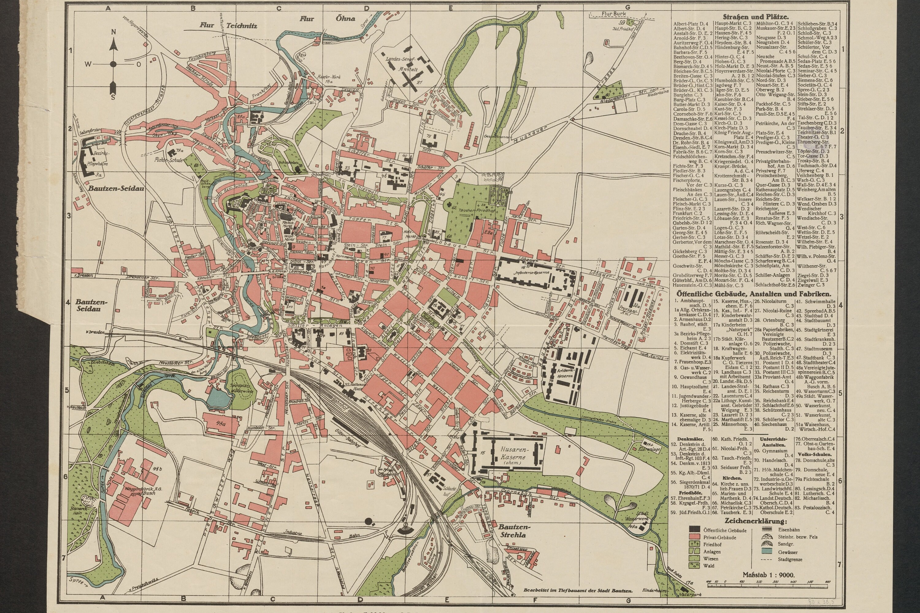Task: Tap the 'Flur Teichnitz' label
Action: tap(228, 25)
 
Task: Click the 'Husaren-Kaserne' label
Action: tap(508, 454)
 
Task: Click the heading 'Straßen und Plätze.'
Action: tap(755, 17)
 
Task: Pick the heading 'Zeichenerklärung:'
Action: tap(755, 521)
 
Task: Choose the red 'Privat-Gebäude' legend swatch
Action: tap(694, 537)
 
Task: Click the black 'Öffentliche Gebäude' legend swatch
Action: tap(694, 530)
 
